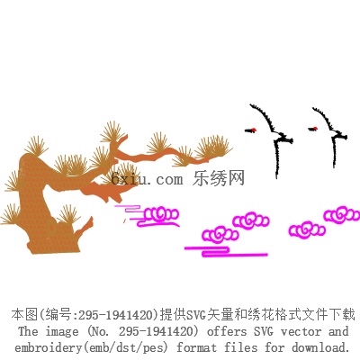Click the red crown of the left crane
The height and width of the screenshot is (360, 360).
pyautogui.click(x=254, y=130)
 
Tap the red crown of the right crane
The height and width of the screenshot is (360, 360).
pyautogui.click(x=316, y=129)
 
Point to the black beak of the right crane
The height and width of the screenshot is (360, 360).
pyautogui.click(x=310, y=129)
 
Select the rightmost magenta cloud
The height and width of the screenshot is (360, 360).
pyautogui.click(x=341, y=215)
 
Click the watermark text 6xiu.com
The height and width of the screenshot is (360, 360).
pyautogui.click(x=147, y=179)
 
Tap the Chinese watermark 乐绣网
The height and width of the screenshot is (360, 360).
pyautogui.click(x=219, y=178)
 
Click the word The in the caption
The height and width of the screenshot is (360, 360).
pyautogui.click(x=28, y=331)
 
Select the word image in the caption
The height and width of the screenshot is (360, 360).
pyautogui.click(x=62, y=332)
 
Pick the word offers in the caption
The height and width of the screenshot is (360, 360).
pyautogui.click(x=227, y=331)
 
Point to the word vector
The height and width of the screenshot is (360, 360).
pyautogui.click(x=301, y=331)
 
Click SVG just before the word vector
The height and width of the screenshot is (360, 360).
pyautogui.click(x=264, y=331)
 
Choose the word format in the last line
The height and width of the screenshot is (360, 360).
pyautogui.click(x=196, y=347)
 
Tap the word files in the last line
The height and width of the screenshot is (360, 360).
pyautogui.click(x=240, y=347)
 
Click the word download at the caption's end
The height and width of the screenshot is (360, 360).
pyautogui.click(x=319, y=347)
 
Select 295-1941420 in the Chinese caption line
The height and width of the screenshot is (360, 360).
pyautogui.click(x=116, y=315)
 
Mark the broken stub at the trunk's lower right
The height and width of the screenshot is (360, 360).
pyautogui.click(x=85, y=226)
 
